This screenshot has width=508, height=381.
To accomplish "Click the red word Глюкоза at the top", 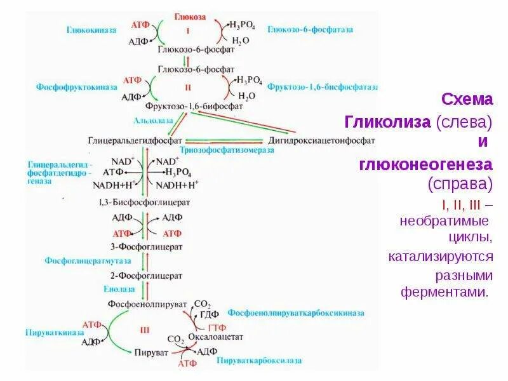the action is click(189, 18).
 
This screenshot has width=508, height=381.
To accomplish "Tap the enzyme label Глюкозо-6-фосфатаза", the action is click(311, 30).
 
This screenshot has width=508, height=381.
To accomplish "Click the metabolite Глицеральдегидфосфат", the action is click(135, 139).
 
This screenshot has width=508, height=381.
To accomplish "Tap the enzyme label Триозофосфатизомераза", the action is click(236, 150).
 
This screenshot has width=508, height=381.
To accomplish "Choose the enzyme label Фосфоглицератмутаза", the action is click(88, 260).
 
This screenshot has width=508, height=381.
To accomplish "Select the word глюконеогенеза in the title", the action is click(425, 164).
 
